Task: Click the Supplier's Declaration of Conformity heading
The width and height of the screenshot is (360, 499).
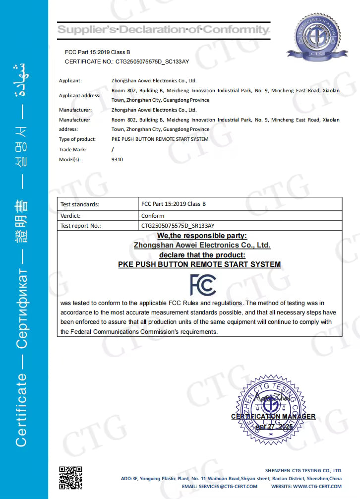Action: [164, 30]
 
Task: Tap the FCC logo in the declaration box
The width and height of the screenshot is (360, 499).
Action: [203, 284]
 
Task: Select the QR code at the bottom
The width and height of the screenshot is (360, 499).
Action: [70, 478]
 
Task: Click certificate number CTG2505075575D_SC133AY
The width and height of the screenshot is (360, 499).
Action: [152, 62]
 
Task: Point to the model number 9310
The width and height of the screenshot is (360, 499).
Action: [117, 159]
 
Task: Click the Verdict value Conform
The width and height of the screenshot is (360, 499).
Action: [153, 216]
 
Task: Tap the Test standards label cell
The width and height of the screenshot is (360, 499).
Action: [79, 204]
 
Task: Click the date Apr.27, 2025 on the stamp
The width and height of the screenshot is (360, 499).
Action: [274, 426]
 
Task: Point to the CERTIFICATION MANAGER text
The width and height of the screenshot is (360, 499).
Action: [273, 417]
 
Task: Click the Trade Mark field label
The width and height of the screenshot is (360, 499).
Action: [72, 149]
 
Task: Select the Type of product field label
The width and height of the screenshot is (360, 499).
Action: [77, 139]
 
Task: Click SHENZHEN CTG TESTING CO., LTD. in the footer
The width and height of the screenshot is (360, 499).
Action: [303, 470]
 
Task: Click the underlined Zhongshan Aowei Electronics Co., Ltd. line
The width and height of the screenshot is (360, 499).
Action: [202, 245]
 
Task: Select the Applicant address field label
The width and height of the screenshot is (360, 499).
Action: [79, 95]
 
